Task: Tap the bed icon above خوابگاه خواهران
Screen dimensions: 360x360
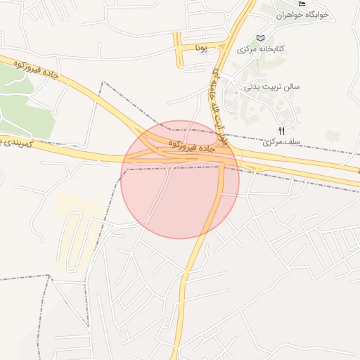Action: (x=302, y=4)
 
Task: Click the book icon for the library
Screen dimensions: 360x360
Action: (x=261, y=37)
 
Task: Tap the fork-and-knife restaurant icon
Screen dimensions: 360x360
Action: (x=282, y=130)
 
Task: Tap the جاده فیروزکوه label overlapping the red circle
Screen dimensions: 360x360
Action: (x=191, y=146)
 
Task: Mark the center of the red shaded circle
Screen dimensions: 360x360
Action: (x=180, y=179)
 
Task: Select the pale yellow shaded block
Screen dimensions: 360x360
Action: (x=77, y=211)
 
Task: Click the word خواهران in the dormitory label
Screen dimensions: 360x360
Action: (x=290, y=14)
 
